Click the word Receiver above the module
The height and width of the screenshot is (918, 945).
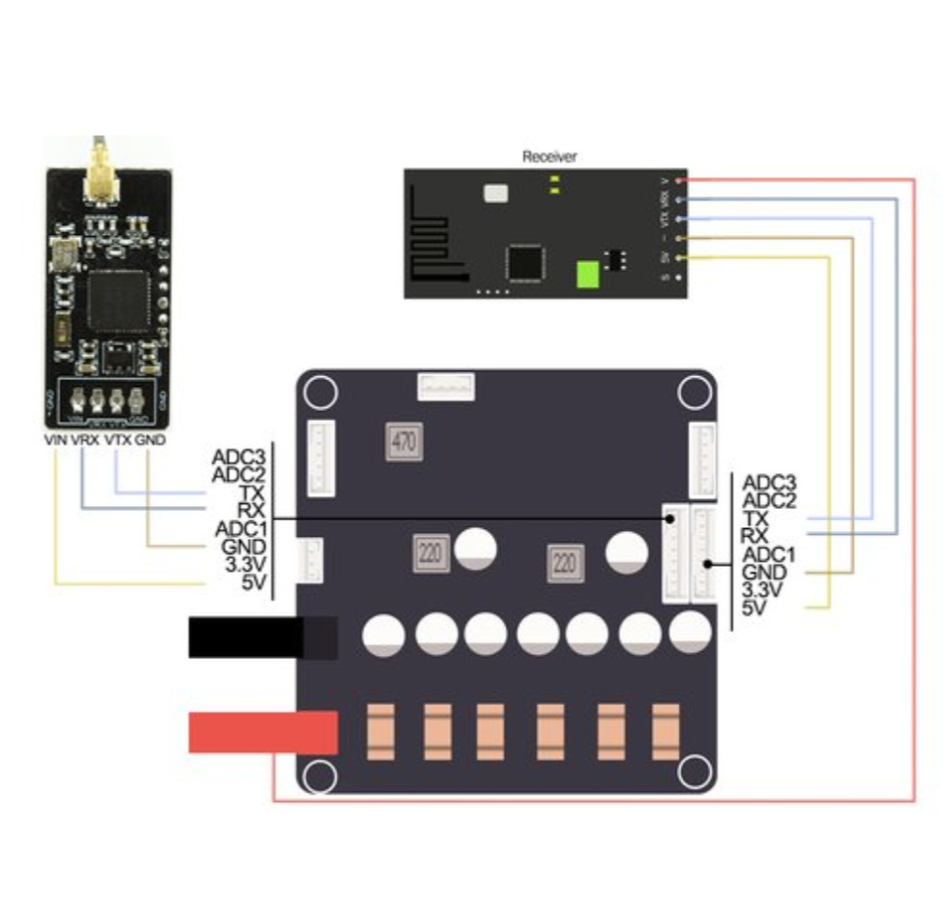pos(549,156)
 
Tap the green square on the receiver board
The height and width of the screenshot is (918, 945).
pos(589,275)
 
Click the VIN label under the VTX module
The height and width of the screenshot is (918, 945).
pos(57,440)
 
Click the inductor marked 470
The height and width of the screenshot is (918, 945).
pos(404,443)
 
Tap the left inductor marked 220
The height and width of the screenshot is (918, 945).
pos(429,553)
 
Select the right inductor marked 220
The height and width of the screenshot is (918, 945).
pos(564,561)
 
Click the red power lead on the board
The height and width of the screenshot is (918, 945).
pos(262,732)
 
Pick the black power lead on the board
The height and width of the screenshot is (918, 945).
pos(262,638)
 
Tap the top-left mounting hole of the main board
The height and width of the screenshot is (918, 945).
pos(321,394)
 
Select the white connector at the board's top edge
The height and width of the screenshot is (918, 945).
pos(446,387)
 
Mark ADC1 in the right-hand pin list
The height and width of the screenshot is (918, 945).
pos(768,554)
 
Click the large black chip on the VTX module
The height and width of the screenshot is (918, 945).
pos(113,301)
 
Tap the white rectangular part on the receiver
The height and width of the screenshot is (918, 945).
pos(494,192)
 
